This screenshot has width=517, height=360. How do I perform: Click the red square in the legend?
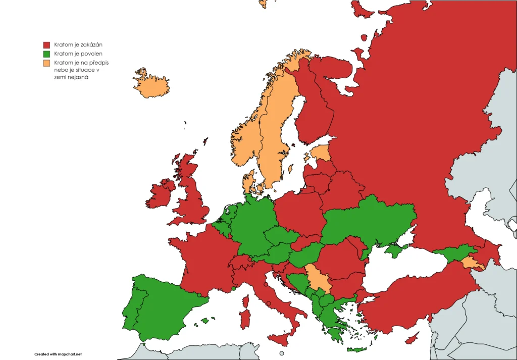[x=47, y=45]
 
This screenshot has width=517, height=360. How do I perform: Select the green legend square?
[x=47, y=54]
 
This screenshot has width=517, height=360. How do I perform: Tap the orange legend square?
[x=47, y=63]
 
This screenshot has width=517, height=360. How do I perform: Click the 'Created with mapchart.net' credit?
[x=58, y=354]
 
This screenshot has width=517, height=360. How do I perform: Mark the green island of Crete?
[x=356, y=349]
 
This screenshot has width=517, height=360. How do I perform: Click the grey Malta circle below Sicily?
[x=281, y=353]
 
